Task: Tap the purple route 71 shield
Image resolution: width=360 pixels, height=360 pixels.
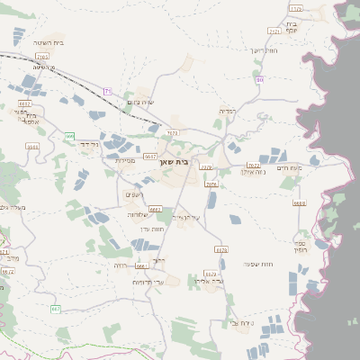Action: coord(107,91)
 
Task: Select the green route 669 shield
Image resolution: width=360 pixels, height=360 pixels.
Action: coord(69,136)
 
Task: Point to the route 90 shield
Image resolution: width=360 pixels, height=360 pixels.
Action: coord(259,80)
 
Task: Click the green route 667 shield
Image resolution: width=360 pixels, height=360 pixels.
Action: coord(55,310)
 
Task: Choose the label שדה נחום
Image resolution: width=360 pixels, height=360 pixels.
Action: coord(142,103)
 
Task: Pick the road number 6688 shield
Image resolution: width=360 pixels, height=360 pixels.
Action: coord(300,203)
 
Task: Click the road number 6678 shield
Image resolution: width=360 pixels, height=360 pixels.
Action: coord(220,249)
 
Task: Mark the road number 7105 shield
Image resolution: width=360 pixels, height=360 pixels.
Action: coord(296,8)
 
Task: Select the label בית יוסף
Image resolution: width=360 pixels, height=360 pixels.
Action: coord(292,28)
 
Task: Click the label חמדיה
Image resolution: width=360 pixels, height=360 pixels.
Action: coord(228,111)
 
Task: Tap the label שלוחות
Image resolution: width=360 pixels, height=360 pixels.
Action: coord(137,215)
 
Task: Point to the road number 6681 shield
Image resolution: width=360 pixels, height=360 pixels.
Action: coord(140,265)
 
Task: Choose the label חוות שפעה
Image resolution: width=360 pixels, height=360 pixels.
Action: coord(257,264)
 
